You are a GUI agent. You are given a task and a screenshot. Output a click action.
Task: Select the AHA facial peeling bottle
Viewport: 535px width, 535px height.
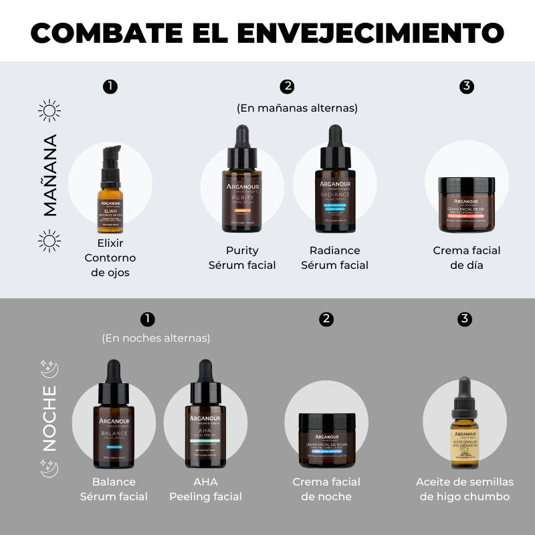click(205, 428)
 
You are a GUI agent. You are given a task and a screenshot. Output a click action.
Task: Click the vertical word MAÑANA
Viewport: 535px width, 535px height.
click(50, 175)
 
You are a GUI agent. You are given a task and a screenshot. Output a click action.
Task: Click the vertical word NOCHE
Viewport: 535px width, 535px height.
click(50, 419)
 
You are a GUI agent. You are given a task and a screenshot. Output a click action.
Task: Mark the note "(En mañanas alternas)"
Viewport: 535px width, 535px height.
click(297, 108)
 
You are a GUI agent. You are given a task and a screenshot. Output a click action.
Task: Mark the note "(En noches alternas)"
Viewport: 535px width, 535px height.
click(156, 338)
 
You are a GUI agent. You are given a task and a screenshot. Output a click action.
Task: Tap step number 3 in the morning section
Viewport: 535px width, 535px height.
click(467, 86)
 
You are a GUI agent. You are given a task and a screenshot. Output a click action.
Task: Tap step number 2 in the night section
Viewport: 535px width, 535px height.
click(326, 319)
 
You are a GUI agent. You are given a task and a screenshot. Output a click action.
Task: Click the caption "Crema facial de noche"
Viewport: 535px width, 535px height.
click(326, 489)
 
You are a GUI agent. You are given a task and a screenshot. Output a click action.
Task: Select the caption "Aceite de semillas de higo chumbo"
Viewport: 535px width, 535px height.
click(465, 489)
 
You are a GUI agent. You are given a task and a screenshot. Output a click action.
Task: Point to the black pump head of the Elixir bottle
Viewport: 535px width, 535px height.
click(111, 156)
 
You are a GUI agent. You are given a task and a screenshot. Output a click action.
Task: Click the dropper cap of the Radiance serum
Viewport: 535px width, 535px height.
click(334, 144)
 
